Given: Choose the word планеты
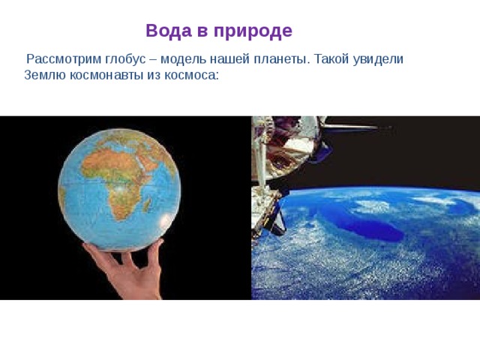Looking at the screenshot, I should [284, 60].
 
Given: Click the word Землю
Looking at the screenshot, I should [44, 76].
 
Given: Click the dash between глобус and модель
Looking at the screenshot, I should [159, 60].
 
